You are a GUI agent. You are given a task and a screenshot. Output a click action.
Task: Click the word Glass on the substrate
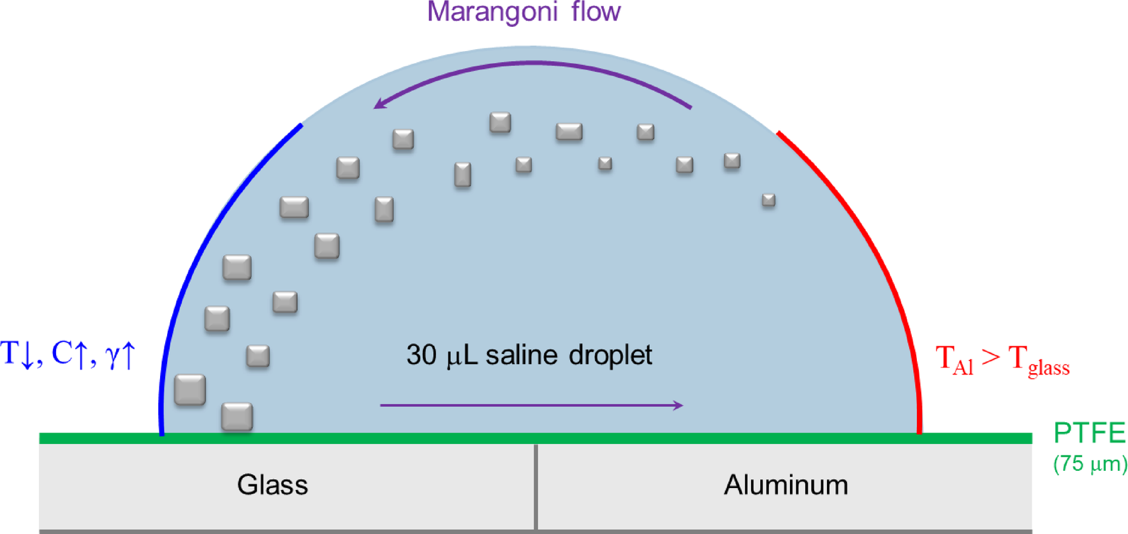tap(272, 485)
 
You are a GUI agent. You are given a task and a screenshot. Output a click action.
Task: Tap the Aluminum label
tap(786, 485)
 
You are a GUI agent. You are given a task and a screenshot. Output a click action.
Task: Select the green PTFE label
tap(1089, 433)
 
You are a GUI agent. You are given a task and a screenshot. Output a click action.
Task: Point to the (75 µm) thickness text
tap(1090, 464)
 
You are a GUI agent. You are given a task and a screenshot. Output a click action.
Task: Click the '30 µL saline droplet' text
tap(529, 355)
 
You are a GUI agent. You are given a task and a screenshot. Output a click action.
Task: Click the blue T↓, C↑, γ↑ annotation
tap(68, 354)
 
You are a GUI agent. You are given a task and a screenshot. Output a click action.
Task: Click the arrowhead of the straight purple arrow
tap(678, 405)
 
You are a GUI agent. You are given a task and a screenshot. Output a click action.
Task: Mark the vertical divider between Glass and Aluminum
tap(536, 486)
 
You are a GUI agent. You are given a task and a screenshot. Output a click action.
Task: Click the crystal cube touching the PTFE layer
tap(237, 417)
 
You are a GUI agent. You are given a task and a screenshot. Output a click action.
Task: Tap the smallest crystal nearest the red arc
tap(768, 200)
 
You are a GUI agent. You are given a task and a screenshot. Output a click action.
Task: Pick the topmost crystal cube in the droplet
tap(500, 122)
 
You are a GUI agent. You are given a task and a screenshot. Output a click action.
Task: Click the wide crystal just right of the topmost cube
tap(569, 132)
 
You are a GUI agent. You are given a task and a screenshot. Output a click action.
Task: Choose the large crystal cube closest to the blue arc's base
tap(190, 390)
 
